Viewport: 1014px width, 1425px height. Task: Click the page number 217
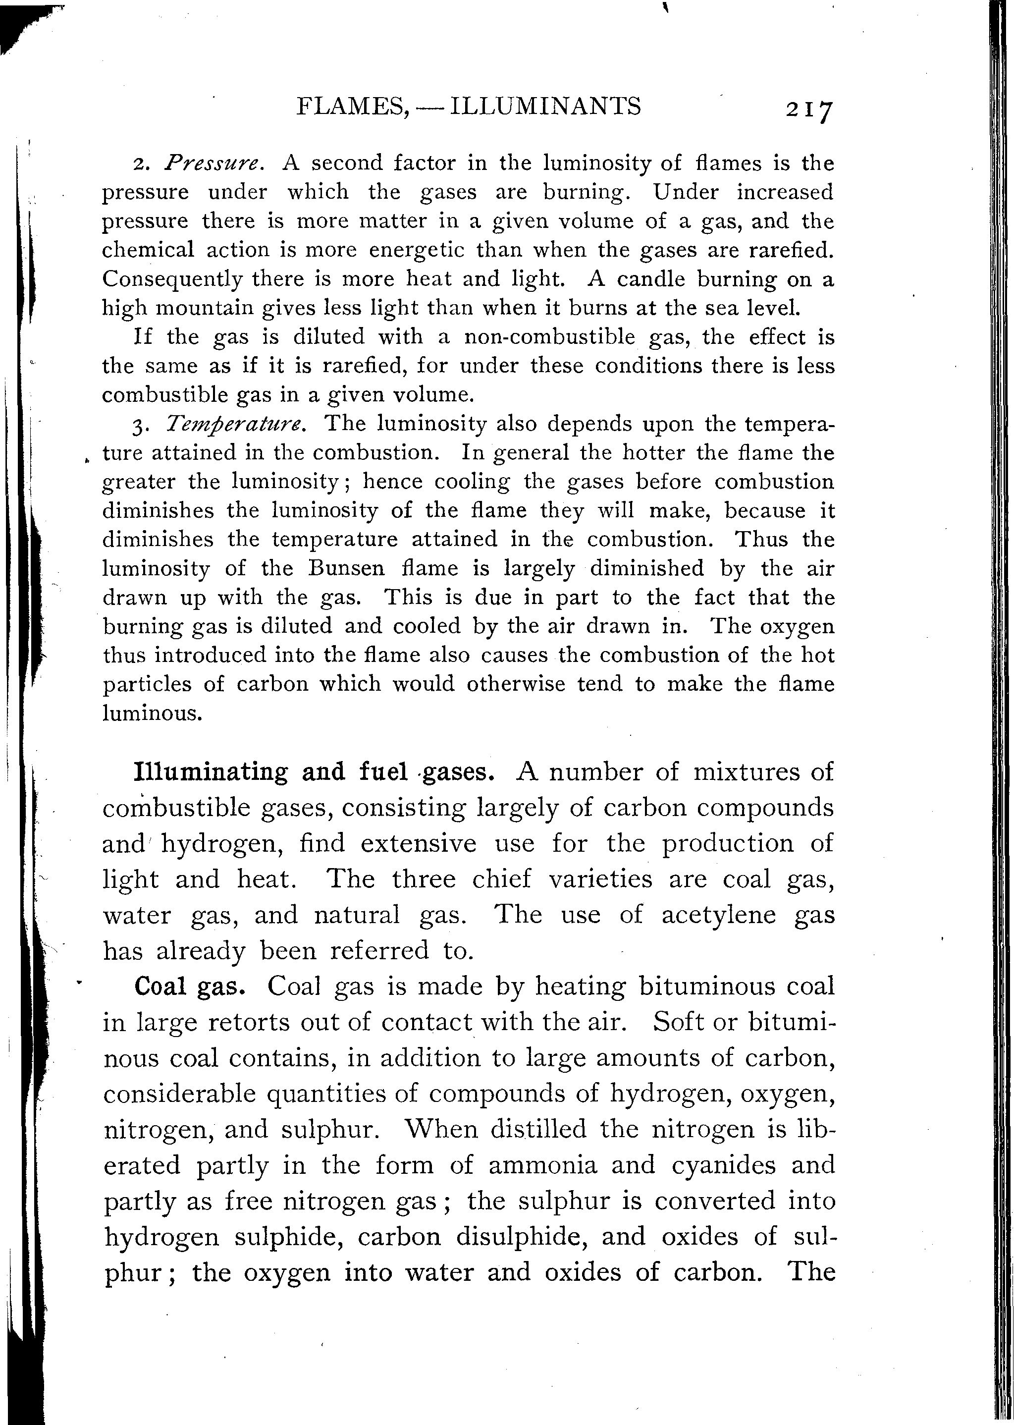[809, 110]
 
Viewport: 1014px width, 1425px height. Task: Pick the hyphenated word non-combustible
[549, 337]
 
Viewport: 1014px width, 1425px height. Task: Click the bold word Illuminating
[211, 772]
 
